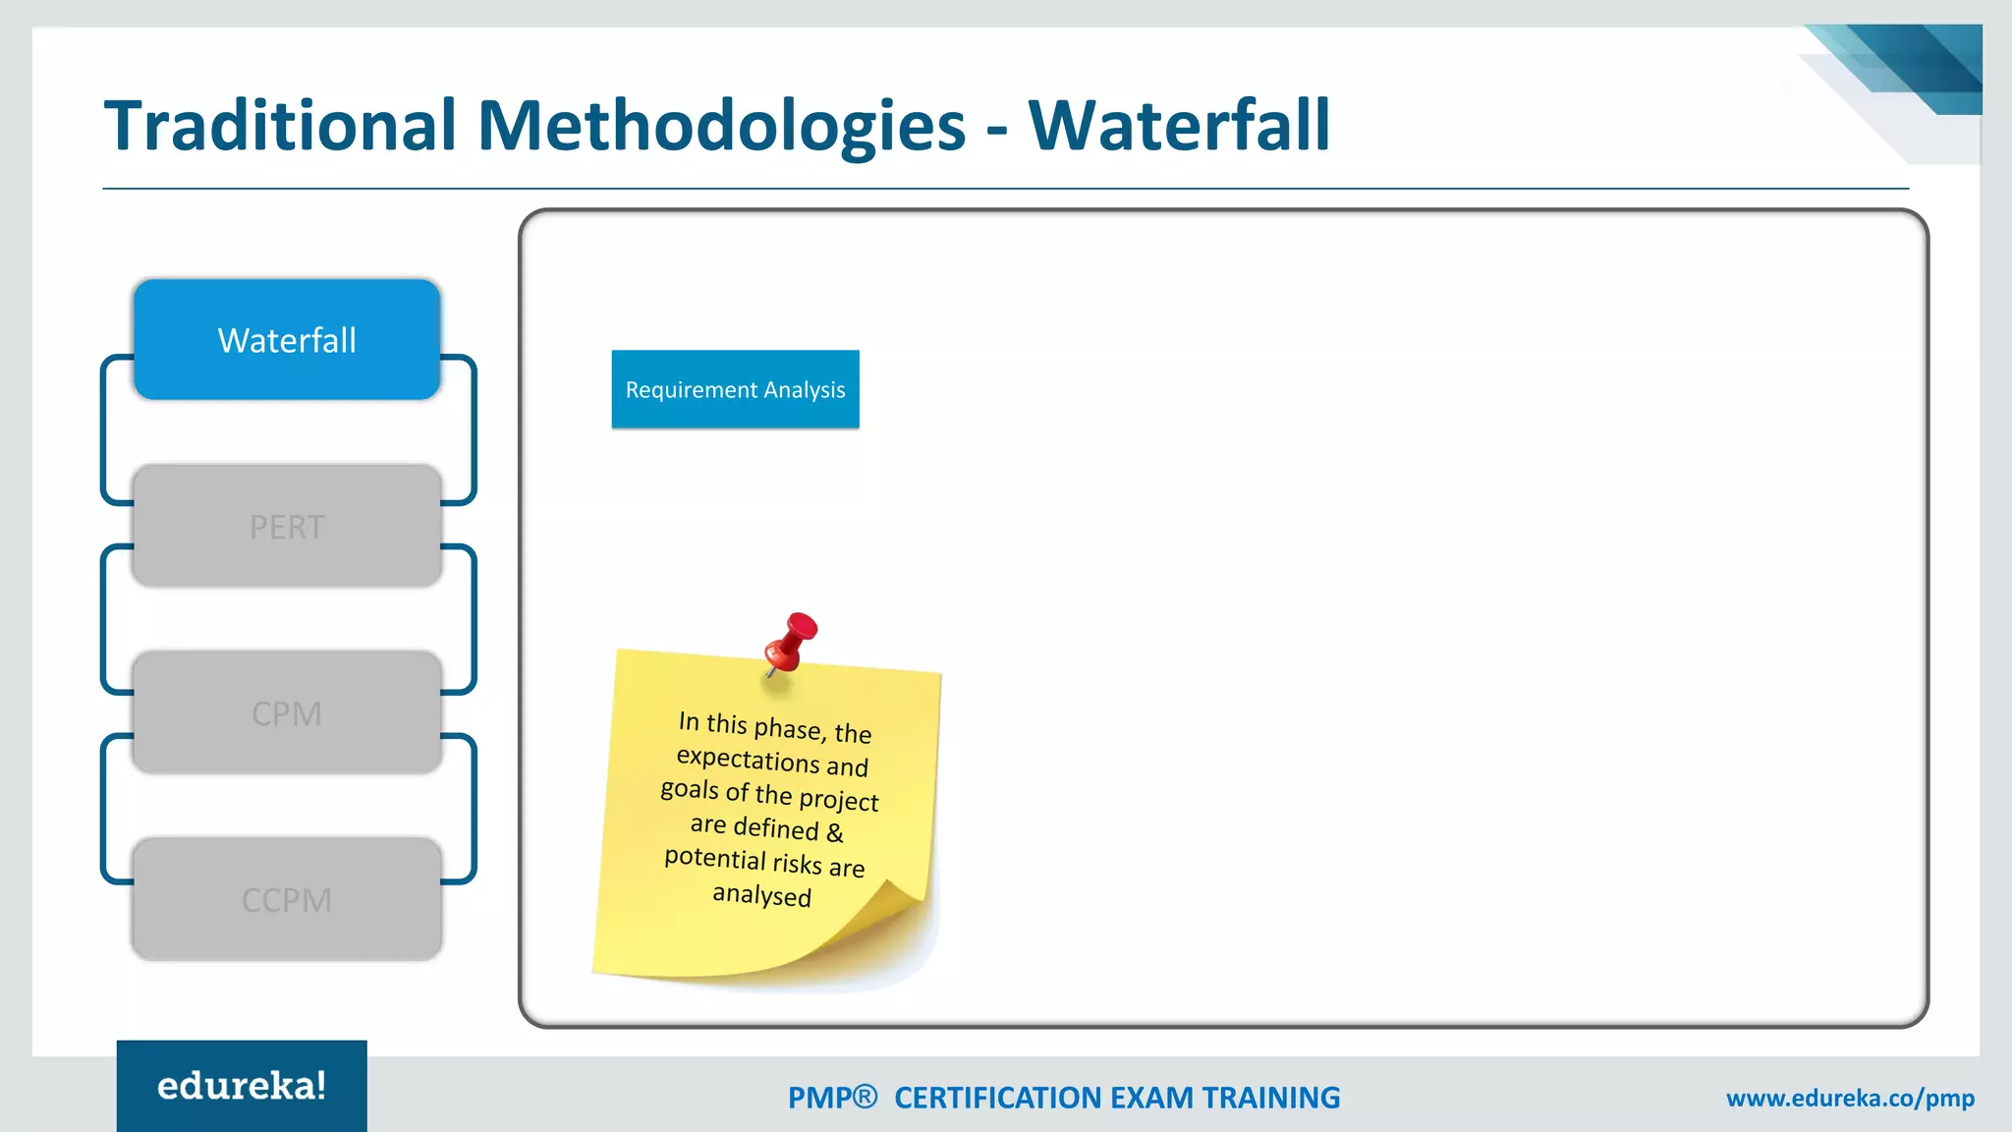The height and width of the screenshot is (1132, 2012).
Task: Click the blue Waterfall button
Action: click(x=286, y=340)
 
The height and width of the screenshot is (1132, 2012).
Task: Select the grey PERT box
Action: click(x=286, y=527)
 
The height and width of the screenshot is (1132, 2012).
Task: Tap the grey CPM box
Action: click(x=286, y=713)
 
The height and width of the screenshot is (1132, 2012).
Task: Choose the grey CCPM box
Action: click(x=286, y=900)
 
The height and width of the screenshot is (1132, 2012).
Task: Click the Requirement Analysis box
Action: click(x=735, y=390)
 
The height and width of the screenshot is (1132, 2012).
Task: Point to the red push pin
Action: click(x=792, y=641)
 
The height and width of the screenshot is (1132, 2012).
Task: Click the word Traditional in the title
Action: click(x=281, y=126)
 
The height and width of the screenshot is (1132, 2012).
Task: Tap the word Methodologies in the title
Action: click(x=722, y=126)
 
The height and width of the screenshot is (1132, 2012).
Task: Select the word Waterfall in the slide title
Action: click(x=1179, y=126)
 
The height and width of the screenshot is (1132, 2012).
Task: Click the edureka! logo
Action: click(x=242, y=1086)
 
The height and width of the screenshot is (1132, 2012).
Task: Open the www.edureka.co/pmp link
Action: click(x=1850, y=1098)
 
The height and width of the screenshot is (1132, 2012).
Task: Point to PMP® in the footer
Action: click(x=832, y=1098)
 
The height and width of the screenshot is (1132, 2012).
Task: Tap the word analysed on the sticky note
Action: click(x=761, y=895)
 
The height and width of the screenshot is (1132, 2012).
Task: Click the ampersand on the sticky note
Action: click(x=834, y=833)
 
